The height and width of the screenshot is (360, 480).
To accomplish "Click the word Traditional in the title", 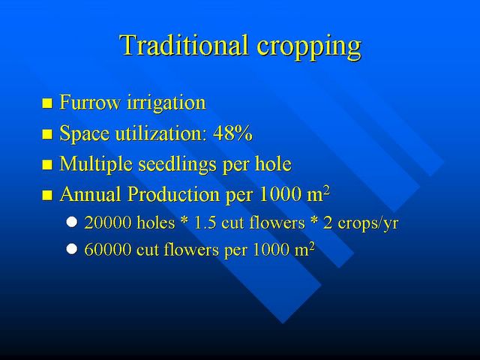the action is tap(183, 45).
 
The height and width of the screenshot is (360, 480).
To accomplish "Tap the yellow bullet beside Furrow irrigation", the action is tap(47, 103).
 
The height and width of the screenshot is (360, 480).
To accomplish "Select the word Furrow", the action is tap(90, 102).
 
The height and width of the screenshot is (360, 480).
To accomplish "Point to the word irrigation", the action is tap(166, 103).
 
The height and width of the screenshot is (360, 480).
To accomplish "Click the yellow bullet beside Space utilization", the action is tap(47, 134).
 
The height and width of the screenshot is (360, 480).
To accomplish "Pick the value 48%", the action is tap(232, 133).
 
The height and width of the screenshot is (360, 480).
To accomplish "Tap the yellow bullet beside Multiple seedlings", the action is tap(47, 165).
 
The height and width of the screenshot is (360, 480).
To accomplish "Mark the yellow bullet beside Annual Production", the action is tap(47, 195).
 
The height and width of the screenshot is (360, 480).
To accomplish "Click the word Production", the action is tap(173, 194).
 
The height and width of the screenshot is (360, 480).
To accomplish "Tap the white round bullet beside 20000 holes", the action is tap(72, 222).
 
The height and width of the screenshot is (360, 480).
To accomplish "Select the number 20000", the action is tap(108, 223).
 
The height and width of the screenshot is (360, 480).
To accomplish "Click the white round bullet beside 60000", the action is tap(72, 249).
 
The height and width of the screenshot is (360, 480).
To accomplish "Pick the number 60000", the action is tap(108, 250).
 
